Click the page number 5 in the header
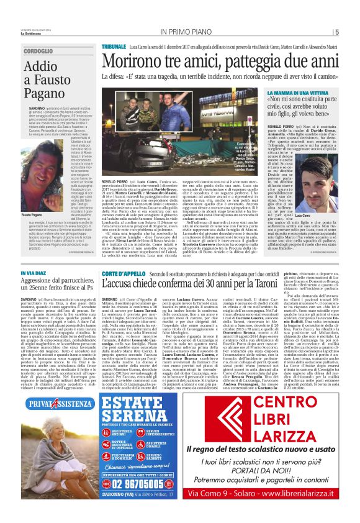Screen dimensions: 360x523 coord(336,33)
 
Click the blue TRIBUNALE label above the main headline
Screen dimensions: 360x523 coord(114,47)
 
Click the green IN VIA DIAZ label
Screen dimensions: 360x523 coord(38,273)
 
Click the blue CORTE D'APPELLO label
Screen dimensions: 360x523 coord(124,273)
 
